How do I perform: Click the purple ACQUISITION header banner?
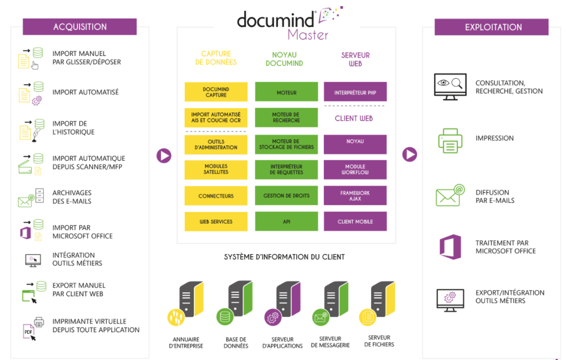[80, 27]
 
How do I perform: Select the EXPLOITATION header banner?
[491, 27]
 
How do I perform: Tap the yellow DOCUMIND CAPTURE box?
[216, 92]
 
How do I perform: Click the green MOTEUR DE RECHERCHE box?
[286, 118]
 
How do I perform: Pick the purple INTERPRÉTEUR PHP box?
[355, 92]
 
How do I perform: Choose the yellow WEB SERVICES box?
[216, 221]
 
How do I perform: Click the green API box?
[286, 221]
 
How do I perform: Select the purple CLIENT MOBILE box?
[355, 221]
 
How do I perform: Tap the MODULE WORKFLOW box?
[355, 169]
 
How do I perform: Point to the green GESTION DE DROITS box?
[286, 196]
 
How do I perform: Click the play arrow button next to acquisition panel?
[164, 156]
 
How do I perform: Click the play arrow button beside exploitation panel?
[409, 154]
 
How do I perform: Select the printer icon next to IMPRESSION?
[450, 140]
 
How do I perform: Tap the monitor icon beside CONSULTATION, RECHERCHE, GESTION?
[450, 86]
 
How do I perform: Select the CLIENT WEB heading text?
[354, 118]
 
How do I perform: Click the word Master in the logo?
[307, 34]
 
